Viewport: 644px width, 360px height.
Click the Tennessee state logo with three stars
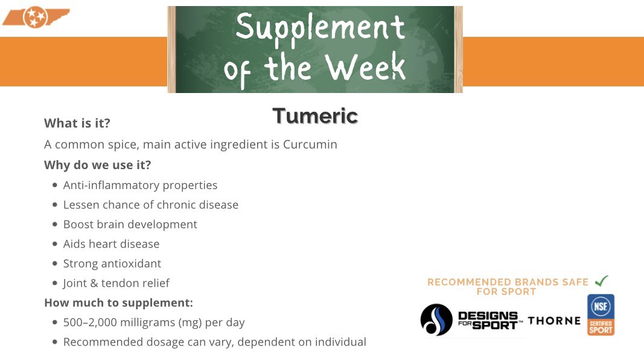pyautogui.click(x=35, y=18)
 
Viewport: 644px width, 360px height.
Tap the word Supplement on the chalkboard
pyautogui.click(x=320, y=28)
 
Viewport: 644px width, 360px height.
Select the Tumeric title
pyautogui.click(x=315, y=115)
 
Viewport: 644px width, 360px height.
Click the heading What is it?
pyautogui.click(x=77, y=123)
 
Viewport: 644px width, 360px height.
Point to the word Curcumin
pyautogui.click(x=310, y=145)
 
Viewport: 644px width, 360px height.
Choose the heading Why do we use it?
pyautogui.click(x=97, y=165)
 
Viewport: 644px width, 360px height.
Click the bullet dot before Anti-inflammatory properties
pyautogui.click(x=55, y=185)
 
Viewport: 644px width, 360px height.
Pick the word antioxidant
pyautogui.click(x=131, y=263)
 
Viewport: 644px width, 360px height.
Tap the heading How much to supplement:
pyautogui.click(x=118, y=303)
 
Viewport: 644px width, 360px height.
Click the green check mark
pyautogui.click(x=601, y=281)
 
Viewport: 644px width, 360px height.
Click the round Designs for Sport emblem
pyautogui.click(x=436, y=320)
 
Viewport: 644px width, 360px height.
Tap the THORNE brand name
pyautogui.click(x=554, y=321)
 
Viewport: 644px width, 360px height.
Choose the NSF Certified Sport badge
pyautogui.click(x=601, y=314)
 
